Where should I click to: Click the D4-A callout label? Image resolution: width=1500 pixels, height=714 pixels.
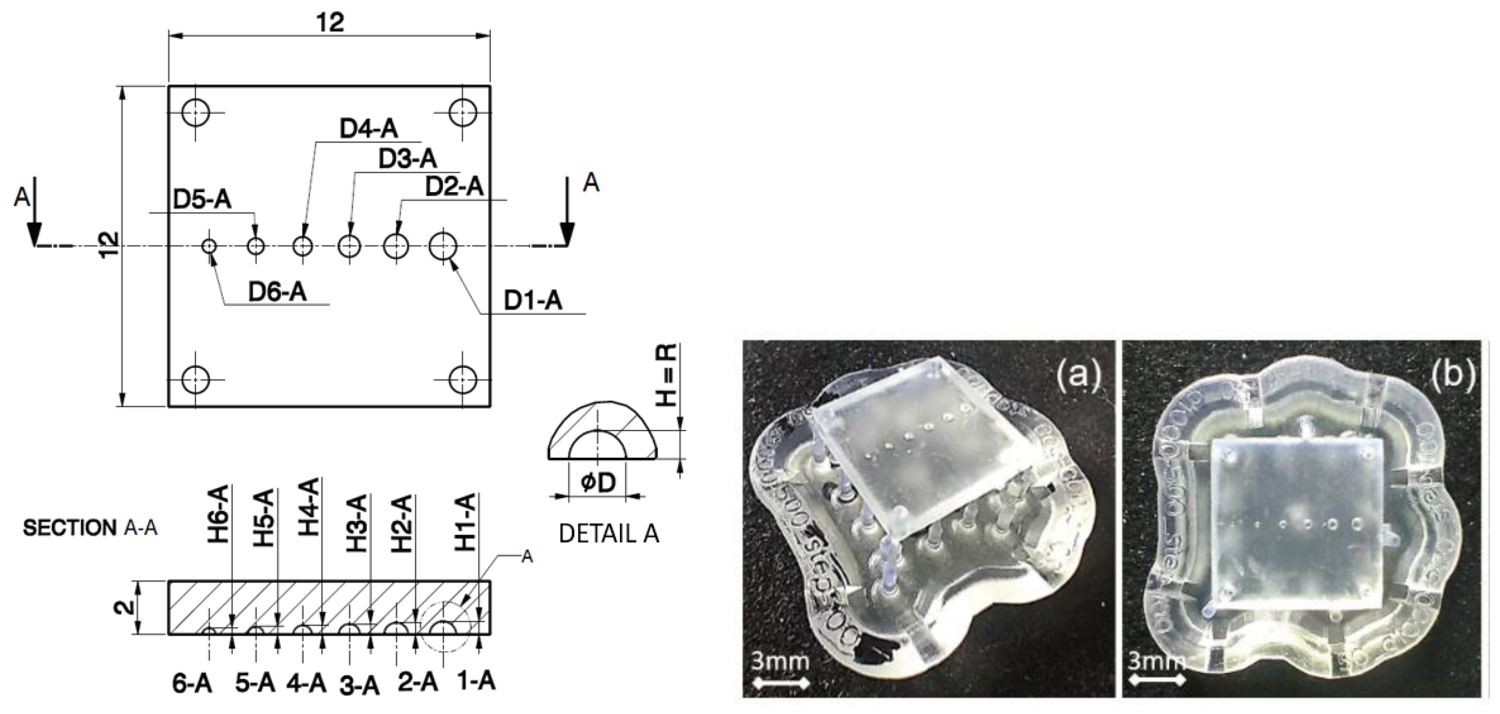[369, 129]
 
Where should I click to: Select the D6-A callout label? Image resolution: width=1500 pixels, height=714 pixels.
[277, 291]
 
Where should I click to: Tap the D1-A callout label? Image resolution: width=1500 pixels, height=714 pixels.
[533, 301]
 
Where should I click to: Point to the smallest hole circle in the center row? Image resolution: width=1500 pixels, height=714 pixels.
[209, 246]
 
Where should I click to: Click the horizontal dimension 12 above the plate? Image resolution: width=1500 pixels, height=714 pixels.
[330, 23]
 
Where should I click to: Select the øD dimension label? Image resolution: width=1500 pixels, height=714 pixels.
[598, 483]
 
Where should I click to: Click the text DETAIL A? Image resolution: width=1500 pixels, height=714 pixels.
[608, 533]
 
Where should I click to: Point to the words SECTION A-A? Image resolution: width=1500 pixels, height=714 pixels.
[90, 528]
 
